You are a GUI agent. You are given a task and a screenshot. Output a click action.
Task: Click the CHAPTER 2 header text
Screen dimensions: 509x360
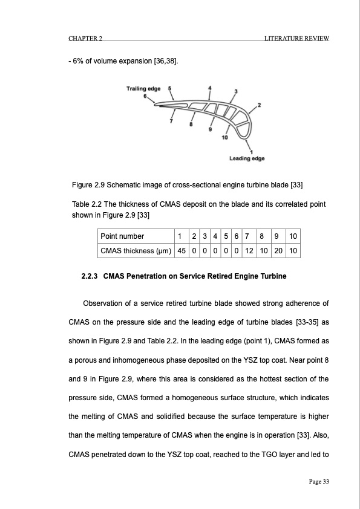[85, 39]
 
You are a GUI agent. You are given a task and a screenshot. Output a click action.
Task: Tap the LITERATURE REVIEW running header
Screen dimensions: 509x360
[296, 39]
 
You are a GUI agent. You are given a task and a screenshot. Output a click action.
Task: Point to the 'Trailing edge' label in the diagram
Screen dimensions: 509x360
[143, 89]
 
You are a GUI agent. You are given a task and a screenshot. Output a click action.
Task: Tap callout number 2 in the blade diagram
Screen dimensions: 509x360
[259, 106]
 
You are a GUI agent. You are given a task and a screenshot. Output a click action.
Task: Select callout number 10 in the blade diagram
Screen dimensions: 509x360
[225, 138]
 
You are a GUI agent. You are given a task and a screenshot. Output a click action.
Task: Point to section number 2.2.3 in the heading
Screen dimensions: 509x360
[91, 277]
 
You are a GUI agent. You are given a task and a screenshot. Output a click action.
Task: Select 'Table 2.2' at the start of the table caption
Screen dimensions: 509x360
[88, 204]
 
